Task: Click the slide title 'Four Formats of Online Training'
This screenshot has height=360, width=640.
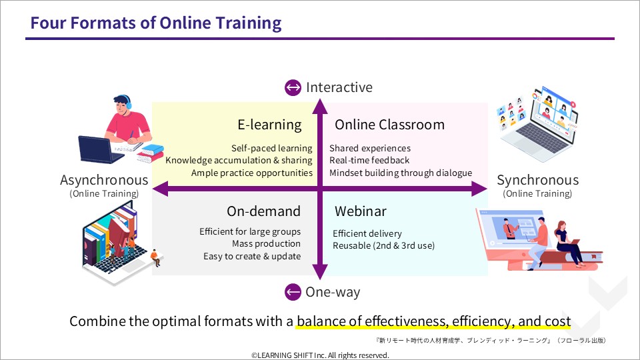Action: point(156,23)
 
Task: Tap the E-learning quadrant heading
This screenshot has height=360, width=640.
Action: point(269,125)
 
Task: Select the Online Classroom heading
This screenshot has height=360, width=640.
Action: point(389,125)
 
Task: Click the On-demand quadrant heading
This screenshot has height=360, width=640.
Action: point(264,211)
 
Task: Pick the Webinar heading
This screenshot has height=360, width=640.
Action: point(361,211)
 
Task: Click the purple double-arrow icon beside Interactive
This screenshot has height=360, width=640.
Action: point(293,87)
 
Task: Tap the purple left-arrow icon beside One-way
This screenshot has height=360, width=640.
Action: point(293,292)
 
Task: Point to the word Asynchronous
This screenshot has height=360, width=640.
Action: point(104,180)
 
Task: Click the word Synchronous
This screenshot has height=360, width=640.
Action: point(537,180)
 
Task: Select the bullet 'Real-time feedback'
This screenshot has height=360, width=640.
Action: point(369,161)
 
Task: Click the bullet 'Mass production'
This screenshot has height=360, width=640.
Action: point(266,244)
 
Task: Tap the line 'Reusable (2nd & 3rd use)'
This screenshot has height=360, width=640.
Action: point(384,246)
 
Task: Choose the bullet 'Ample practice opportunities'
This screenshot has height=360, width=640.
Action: point(252,173)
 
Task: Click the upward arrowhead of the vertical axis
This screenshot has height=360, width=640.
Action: point(320,106)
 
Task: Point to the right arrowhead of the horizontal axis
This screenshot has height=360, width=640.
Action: point(479,189)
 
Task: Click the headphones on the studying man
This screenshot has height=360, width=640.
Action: point(127,101)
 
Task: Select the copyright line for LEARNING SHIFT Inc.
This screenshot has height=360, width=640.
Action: point(320,355)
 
